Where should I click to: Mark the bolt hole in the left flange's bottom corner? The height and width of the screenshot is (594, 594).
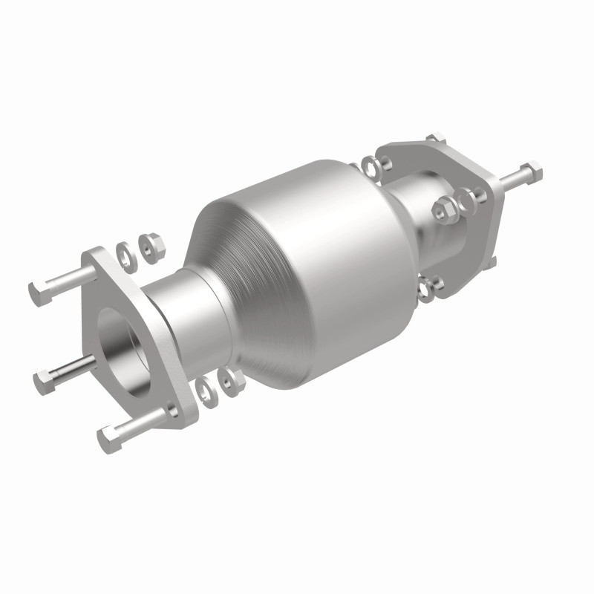pyautogui.click(x=173, y=411)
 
